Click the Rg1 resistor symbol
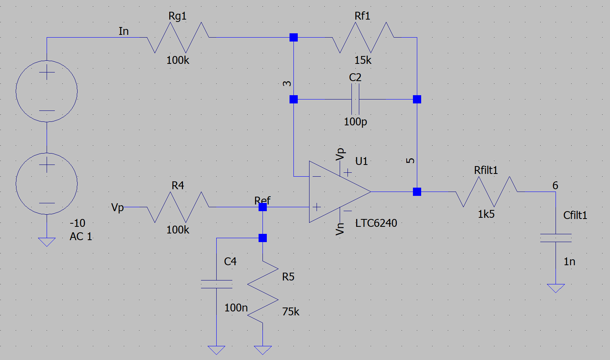click(x=178, y=38)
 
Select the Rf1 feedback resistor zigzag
click(x=363, y=38)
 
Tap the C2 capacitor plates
click(x=356, y=99)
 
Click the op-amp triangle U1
click(x=337, y=192)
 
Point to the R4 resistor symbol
click(x=178, y=207)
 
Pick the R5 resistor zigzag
click(x=262, y=292)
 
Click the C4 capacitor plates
click(x=216, y=284)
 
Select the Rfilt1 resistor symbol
click(x=486, y=192)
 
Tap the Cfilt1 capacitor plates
click(x=556, y=238)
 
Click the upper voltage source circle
click(x=47, y=91)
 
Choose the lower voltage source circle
click(x=47, y=184)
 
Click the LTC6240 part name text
click(x=376, y=223)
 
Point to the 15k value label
click(x=363, y=60)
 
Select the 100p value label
click(x=355, y=122)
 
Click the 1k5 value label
click(x=486, y=214)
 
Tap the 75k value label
click(x=291, y=312)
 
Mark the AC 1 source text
click(x=81, y=237)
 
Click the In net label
click(x=123, y=31)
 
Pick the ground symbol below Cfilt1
click(x=556, y=288)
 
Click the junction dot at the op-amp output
click(x=417, y=192)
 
